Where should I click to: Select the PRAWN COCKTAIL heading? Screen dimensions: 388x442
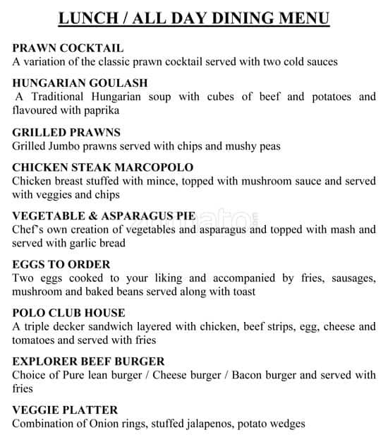[68, 48]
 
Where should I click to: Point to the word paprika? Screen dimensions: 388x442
[99, 110]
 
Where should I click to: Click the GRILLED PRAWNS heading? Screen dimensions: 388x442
[66, 132]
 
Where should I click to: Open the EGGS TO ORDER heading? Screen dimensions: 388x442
[61, 265]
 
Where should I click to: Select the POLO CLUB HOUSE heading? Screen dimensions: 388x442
[68, 313]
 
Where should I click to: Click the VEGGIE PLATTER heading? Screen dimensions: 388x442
[65, 410]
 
